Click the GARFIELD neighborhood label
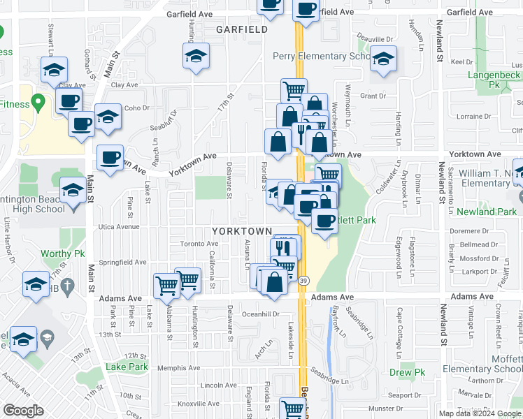[241, 29]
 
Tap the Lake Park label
[127, 367]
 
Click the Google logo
[23, 411]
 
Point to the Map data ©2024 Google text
[480, 413]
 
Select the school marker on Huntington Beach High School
[73, 190]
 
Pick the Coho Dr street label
[137, 108]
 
